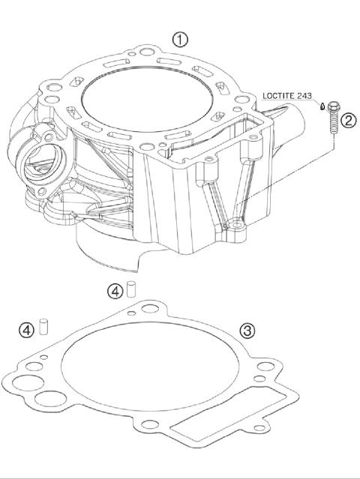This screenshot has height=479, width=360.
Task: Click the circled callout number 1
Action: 180,40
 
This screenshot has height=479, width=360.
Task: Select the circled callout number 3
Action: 248,330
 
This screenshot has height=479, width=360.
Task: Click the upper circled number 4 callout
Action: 114,290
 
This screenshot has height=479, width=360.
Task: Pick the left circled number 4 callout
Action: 26,329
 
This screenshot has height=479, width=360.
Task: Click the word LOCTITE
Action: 282,95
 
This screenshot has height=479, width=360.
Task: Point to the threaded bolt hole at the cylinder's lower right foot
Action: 238,223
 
